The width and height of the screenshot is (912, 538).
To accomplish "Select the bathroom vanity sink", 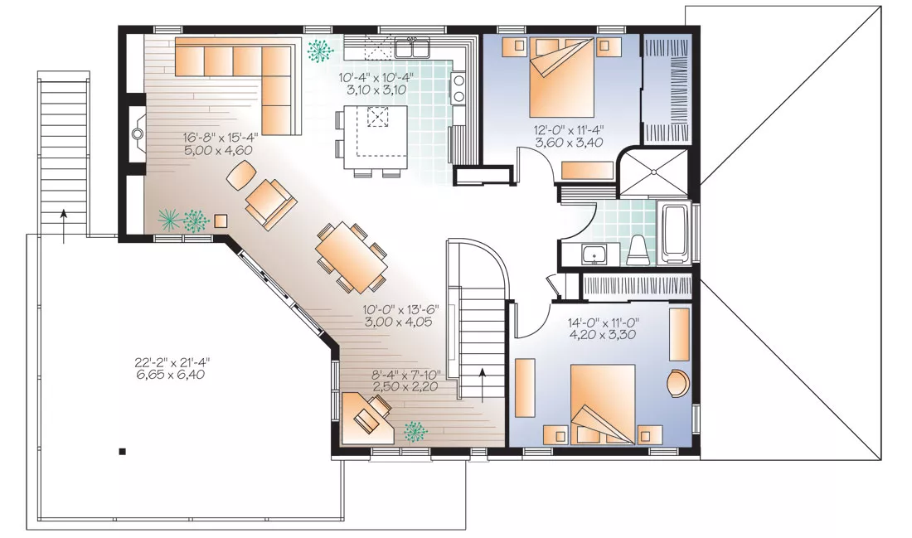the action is pos(594,254).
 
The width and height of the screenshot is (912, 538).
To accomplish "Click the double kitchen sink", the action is pos(412,46).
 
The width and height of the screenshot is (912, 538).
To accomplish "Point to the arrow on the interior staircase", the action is pos(483,385).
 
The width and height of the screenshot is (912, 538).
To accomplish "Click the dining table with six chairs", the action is pos(352,257).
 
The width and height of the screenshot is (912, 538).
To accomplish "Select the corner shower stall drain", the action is pos(653,172).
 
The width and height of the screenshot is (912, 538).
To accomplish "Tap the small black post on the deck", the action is pos(122,451).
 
